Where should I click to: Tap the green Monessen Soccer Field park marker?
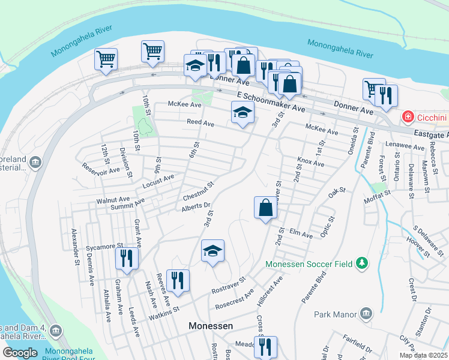[x=361, y=263]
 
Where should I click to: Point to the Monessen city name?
[x=211, y=326]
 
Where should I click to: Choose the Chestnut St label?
[x=198, y=191]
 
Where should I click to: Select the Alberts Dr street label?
[x=196, y=207]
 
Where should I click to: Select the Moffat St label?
[x=375, y=193]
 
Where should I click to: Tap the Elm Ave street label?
[x=301, y=234]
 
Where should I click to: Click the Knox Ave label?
[x=310, y=163]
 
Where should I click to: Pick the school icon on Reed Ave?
[x=243, y=112]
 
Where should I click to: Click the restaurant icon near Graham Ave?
[x=127, y=258]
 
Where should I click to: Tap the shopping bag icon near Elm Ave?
[x=265, y=208]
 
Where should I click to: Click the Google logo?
[x=20, y=353]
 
